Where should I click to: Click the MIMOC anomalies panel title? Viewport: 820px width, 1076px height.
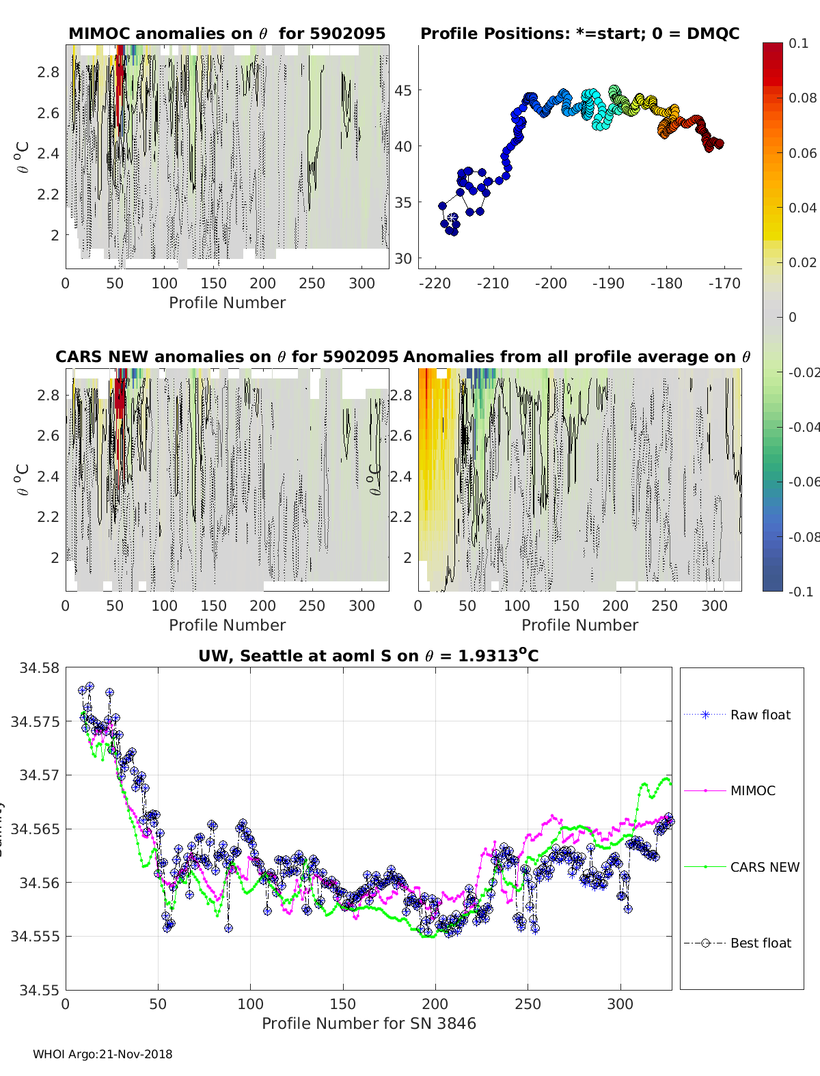(x=227, y=33)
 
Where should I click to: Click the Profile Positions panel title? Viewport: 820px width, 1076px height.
(x=579, y=33)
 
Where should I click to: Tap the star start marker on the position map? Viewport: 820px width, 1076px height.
(x=452, y=218)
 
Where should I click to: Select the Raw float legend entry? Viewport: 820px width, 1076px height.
(x=760, y=715)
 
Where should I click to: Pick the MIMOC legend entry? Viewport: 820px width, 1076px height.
(x=752, y=790)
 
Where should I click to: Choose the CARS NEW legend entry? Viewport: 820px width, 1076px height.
(x=765, y=867)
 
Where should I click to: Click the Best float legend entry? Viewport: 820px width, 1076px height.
(x=761, y=943)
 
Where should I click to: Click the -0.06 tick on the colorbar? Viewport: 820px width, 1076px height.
(x=802, y=482)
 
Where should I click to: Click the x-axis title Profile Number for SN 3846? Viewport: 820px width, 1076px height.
(x=368, y=1023)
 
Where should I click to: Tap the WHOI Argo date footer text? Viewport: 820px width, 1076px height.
(x=102, y=1054)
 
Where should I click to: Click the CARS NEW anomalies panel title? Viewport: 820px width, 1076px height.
(x=227, y=357)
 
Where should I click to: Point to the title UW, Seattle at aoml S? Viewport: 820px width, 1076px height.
(x=368, y=656)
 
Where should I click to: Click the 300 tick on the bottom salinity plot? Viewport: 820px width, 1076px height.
(x=620, y=1004)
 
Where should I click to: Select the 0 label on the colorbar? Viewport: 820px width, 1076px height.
(x=793, y=317)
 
